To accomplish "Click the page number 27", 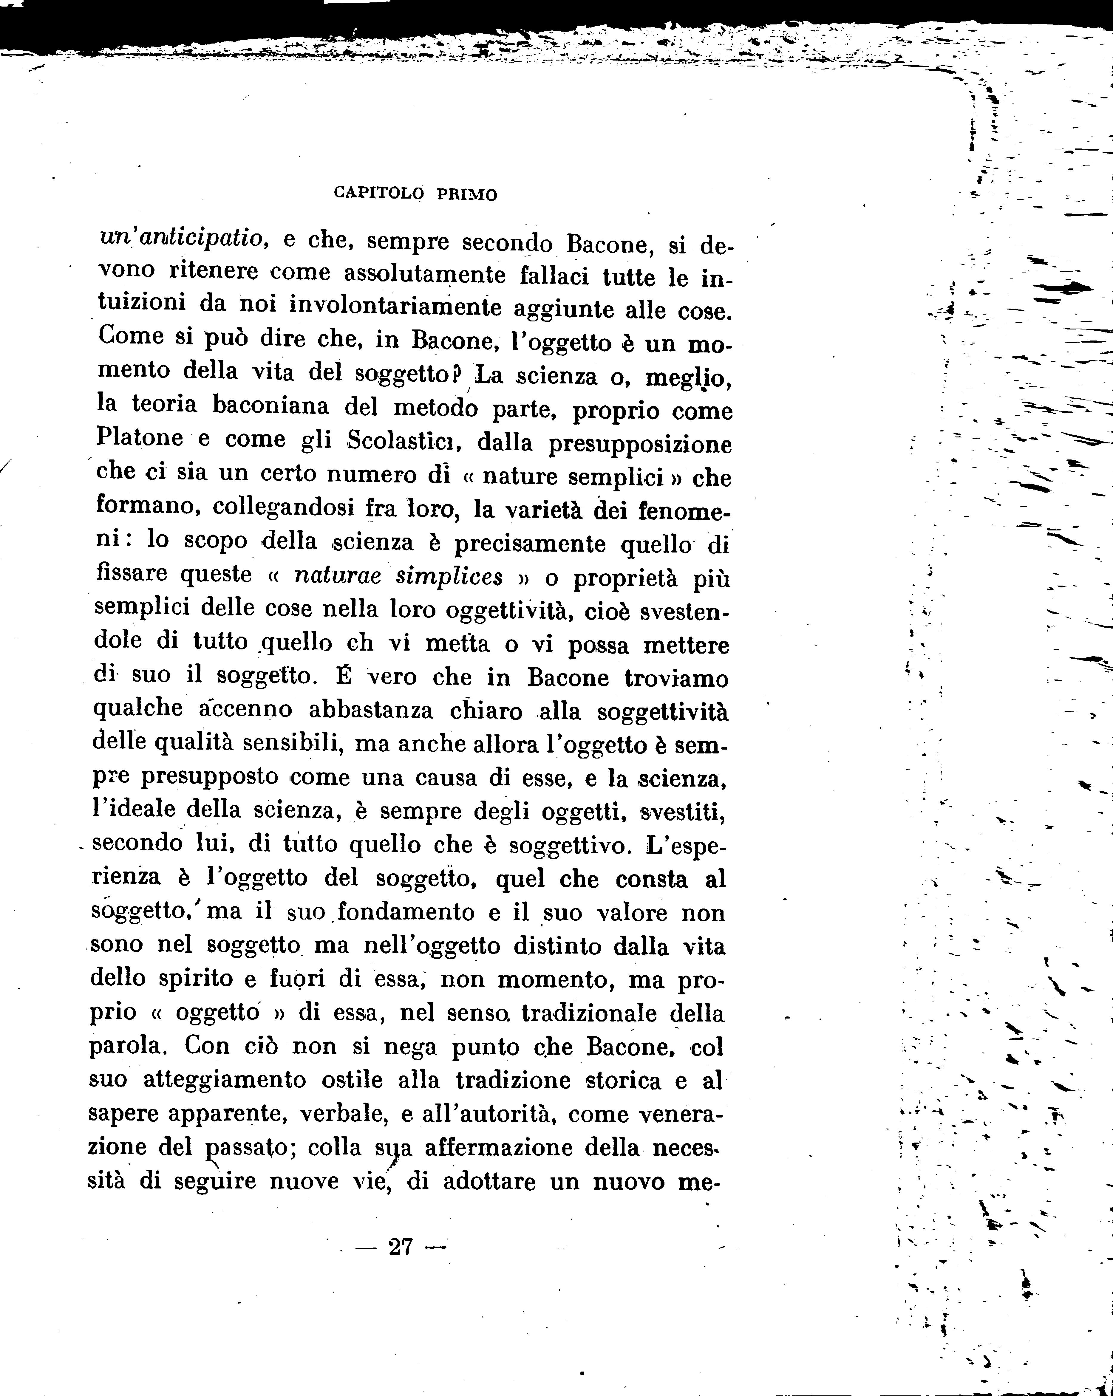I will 401,1246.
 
